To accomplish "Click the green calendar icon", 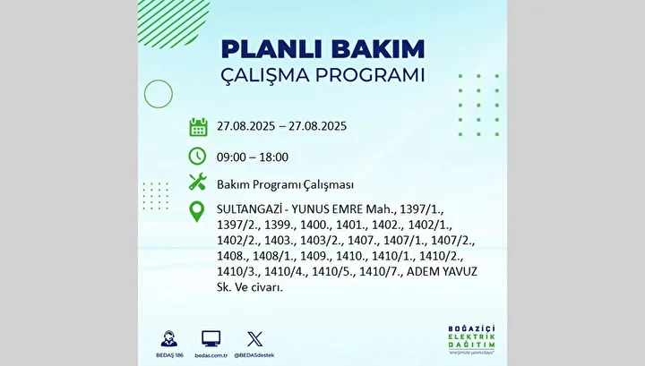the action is click(x=198, y=127).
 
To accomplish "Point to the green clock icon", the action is click(x=197, y=156).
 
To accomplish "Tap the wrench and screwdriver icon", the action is click(x=197, y=182).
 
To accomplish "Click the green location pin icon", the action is click(x=196, y=211).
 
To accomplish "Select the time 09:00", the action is click(x=232, y=157).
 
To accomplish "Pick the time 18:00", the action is click(x=273, y=157).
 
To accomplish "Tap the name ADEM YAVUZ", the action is click(x=442, y=272).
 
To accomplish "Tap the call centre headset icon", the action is click(x=169, y=339).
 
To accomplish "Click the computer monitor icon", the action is click(x=211, y=339).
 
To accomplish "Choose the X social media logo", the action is click(x=254, y=339).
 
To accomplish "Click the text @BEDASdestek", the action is click(x=254, y=355).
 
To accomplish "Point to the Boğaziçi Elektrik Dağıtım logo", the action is click(x=471, y=340).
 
